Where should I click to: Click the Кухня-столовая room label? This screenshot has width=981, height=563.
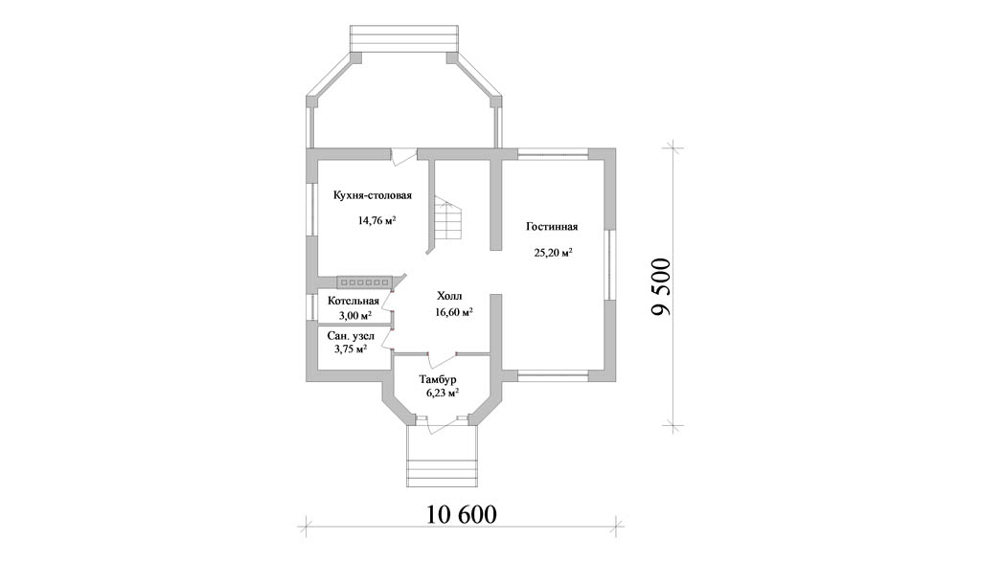[373, 195]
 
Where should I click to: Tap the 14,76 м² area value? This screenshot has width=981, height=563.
[376, 220]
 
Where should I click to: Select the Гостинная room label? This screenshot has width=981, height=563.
[551, 227]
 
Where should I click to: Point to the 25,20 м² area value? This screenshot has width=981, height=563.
[554, 253]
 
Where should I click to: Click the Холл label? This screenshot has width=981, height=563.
[449, 296]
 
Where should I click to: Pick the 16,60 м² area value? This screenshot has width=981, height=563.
[453, 312]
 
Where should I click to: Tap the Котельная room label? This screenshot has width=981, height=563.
[354, 301]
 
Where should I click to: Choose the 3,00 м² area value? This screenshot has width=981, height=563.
[355, 315]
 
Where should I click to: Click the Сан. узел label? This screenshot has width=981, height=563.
[351, 336]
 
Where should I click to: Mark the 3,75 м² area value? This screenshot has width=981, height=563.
[351, 349]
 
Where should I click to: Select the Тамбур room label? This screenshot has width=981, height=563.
[438, 380]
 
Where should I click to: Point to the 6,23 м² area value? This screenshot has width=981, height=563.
[443, 394]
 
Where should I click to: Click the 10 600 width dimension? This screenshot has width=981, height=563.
[462, 514]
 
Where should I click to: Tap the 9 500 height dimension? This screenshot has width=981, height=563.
[661, 287]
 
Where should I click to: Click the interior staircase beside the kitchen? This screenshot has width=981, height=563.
[448, 221]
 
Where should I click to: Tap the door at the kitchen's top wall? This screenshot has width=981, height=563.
[404, 156]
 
